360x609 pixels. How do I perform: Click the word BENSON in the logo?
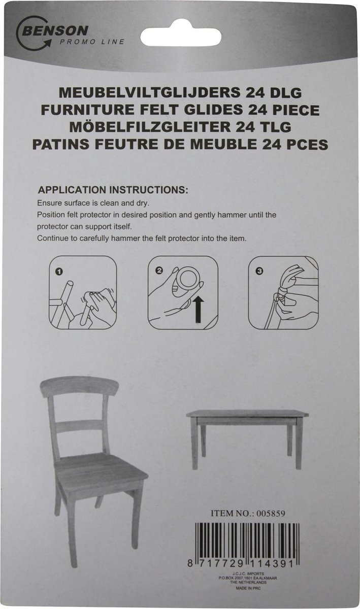coord(55,31)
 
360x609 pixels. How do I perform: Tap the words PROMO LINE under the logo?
coord(92,42)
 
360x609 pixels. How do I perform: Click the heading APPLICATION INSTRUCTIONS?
coord(113,190)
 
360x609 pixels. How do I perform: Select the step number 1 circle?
coord(58,272)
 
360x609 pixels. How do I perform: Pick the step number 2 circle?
coord(159,270)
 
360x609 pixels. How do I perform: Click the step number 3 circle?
coord(259,271)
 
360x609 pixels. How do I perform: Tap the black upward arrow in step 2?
coord(200,310)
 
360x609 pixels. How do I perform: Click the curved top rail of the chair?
coord(79,387)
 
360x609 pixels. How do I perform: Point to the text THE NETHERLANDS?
coord(248,583)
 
